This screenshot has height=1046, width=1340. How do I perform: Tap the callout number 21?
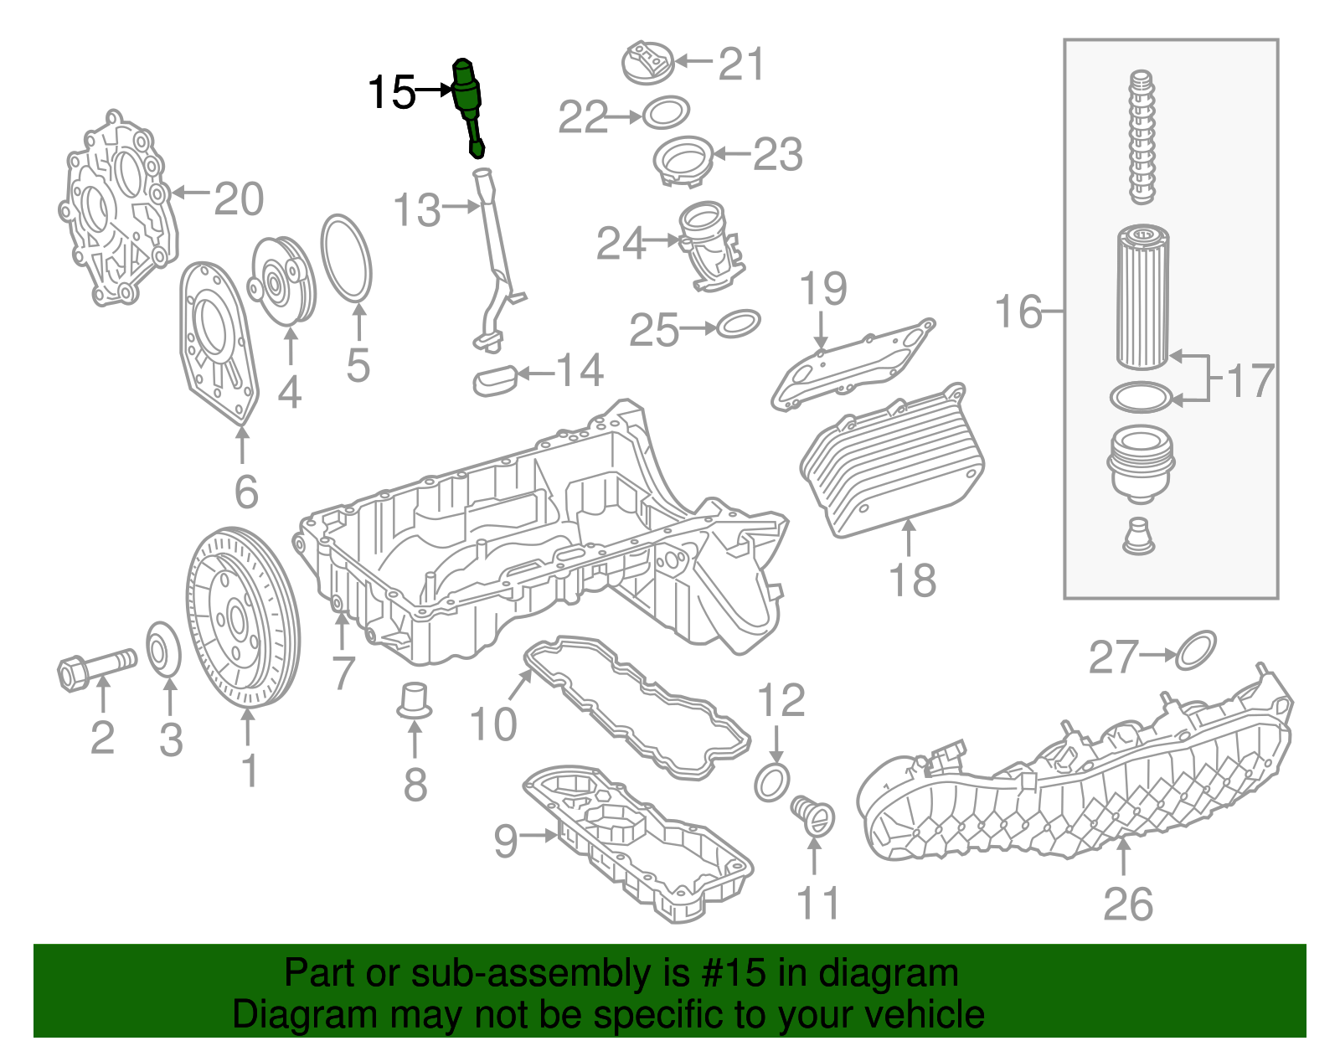pos(741,64)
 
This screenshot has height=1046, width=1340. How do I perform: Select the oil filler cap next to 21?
pos(647,62)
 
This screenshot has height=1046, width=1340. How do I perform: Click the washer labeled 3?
pos(163,648)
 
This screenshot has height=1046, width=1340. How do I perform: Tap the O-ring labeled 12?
pos(771,782)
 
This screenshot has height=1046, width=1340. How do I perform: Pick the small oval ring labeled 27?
pos(1195,651)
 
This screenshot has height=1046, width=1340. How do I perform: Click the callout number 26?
pos(1127,904)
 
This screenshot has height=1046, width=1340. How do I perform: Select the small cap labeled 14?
pos(495,381)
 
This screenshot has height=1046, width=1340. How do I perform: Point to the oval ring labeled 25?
pos(739,323)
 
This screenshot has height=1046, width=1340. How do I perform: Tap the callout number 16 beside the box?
pos(1018,312)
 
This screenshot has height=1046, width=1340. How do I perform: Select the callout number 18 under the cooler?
pos(911,580)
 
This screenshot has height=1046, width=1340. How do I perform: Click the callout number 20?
pos(239,199)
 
